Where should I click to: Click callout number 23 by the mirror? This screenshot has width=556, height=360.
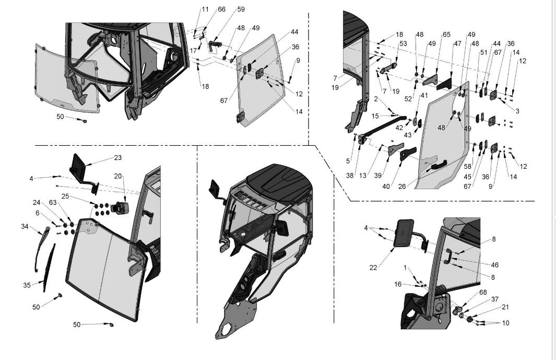click(x=117, y=157)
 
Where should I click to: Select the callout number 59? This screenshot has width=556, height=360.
click(x=240, y=9)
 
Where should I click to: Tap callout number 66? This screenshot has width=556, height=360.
click(x=222, y=9)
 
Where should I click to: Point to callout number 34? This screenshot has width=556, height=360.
click(x=25, y=226)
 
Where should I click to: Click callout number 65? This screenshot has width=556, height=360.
click(x=446, y=34)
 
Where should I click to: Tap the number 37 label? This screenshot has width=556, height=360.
click(x=495, y=299)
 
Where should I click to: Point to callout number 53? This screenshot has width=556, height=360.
click(x=403, y=44)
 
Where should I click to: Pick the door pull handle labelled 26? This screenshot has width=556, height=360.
click(x=437, y=166)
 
